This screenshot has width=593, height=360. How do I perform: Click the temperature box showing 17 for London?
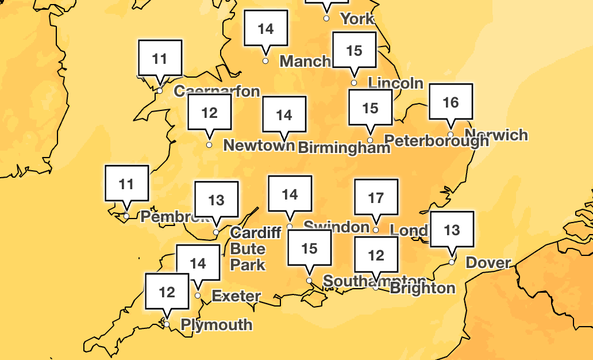(376, 198)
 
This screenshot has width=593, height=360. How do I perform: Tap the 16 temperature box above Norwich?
(451, 102)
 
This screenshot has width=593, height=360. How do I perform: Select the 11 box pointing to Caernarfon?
(160, 59)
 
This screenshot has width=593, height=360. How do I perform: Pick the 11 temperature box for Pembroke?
(126, 184)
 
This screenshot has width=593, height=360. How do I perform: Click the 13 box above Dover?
(452, 231)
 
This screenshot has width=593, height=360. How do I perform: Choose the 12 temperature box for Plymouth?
(167, 292)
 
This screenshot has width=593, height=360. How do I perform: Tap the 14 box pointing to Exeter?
(198, 263)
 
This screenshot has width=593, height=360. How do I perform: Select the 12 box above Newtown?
(210, 113)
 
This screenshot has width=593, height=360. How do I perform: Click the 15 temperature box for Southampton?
(310, 248)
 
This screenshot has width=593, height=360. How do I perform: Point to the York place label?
(357, 19)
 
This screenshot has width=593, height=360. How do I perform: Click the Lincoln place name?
(395, 83)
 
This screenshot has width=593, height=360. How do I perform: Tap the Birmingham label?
(344, 148)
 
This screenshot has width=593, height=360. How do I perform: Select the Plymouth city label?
(217, 325)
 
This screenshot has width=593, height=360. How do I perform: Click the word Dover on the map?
(488, 263)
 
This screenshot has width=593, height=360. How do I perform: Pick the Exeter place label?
(236, 297)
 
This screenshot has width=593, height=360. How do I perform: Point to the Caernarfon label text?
(217, 91)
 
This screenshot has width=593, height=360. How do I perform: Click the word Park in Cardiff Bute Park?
(248, 265)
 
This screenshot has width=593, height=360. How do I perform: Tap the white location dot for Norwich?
(450, 135)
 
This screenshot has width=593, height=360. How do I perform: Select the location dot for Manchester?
(265, 61)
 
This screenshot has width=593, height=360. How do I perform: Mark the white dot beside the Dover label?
(452, 262)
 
